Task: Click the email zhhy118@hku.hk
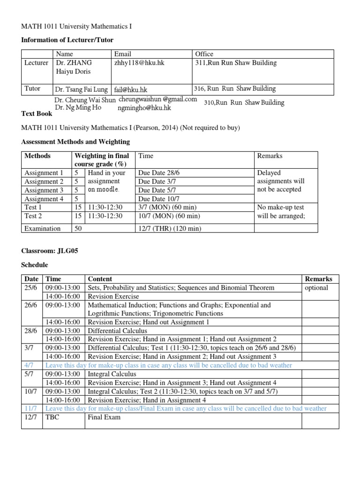[138, 63]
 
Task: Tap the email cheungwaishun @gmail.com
[157, 99]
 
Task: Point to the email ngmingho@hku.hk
[144, 108]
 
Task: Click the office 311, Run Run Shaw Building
[236, 63]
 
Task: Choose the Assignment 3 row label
[44, 190]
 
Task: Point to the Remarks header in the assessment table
[270, 156]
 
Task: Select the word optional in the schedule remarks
[316, 288]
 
